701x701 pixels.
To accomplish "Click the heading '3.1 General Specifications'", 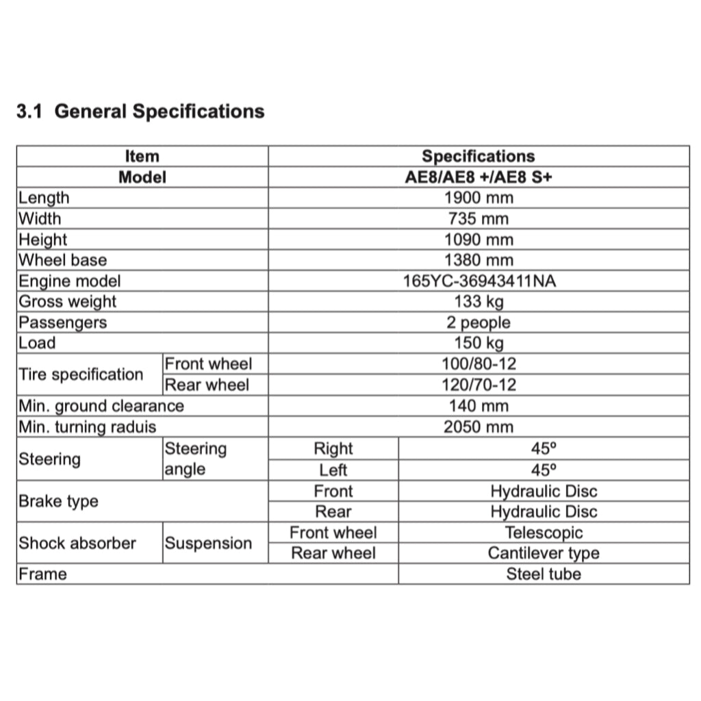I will [140, 111].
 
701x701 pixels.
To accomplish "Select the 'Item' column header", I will [142, 157].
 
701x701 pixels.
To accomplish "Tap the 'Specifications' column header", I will [478, 157].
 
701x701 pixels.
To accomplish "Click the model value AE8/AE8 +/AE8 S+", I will [478, 177].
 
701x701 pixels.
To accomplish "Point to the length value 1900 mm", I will [478, 199].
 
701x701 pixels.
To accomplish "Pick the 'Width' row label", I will [40, 219].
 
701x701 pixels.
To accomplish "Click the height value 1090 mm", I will [478, 240].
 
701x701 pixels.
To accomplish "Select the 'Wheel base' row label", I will [62, 260].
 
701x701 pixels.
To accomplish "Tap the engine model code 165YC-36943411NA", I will [478, 281].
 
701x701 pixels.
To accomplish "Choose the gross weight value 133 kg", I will [478, 302].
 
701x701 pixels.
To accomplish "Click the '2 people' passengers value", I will [478, 322].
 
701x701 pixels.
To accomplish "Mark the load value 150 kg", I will [478, 343].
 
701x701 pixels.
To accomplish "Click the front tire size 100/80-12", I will [478, 364].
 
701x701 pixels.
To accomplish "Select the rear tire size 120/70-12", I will [478, 385].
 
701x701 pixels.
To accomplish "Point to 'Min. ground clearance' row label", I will [101, 406].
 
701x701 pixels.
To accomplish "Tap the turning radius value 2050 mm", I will [478, 427].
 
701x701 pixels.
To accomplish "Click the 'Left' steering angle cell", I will [333, 470].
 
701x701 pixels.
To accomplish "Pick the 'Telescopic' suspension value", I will [544, 533].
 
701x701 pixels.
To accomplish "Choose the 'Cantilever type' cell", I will [544, 553].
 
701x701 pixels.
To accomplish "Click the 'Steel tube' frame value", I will [544, 574].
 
